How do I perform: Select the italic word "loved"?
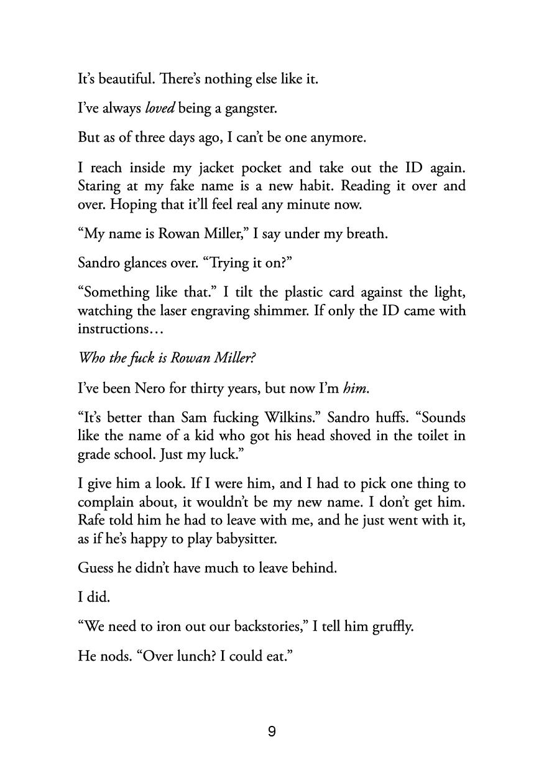point(160,109)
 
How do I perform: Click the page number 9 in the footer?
point(272,732)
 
